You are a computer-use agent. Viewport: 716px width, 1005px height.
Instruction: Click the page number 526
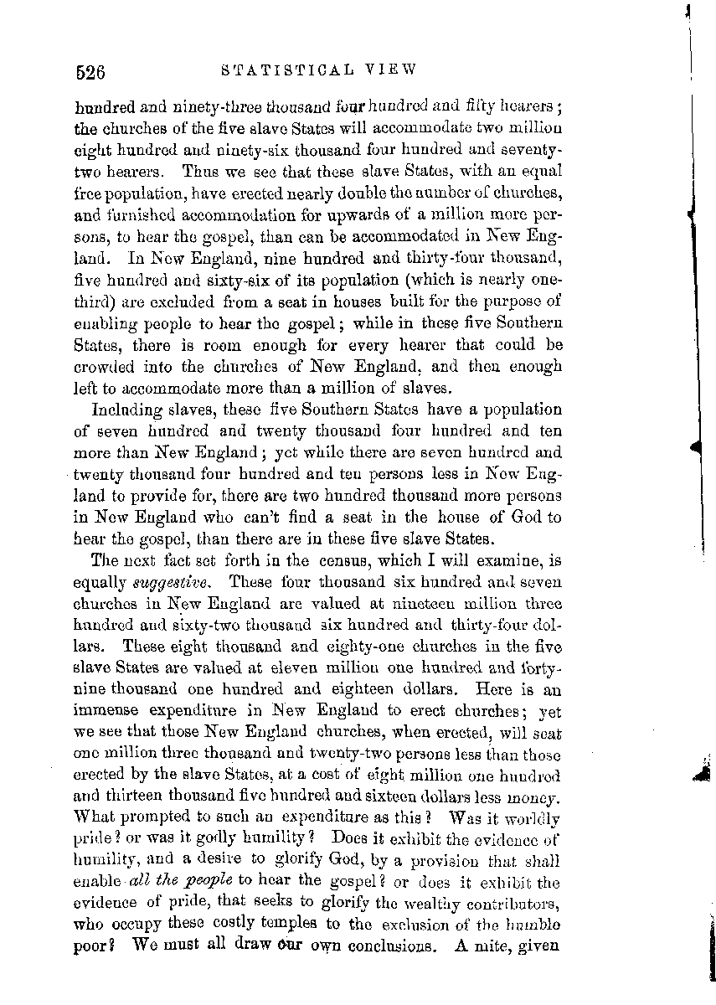(89, 72)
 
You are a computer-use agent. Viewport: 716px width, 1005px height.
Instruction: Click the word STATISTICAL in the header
(281, 71)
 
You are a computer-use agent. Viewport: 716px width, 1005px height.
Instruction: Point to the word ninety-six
(257, 152)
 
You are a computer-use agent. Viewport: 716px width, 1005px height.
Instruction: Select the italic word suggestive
(173, 581)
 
